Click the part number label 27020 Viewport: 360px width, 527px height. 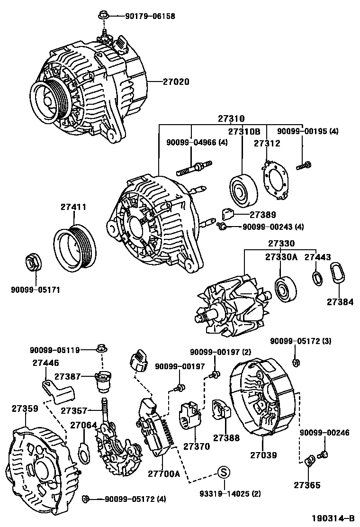[170, 82]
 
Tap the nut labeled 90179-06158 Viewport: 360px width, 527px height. [103, 16]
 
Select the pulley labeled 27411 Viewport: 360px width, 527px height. [74, 249]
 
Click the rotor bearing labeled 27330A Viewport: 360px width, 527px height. [285, 290]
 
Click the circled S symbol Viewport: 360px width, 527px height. [224, 472]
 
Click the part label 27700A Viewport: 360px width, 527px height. [163, 473]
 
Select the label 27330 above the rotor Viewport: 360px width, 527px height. [281, 244]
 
